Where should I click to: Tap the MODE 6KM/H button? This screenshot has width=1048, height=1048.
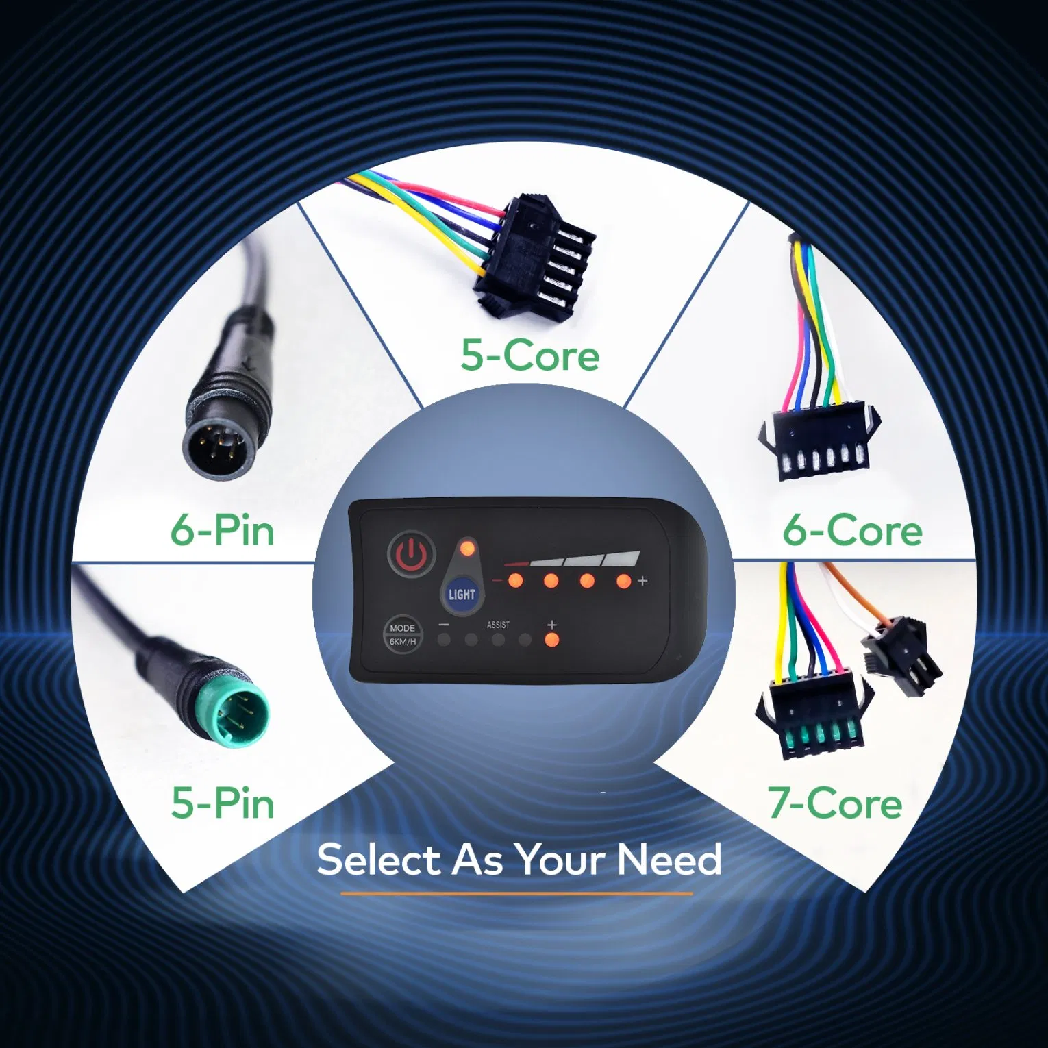[402, 634]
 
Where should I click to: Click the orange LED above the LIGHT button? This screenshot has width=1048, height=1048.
[467, 548]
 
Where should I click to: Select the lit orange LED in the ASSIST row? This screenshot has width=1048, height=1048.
[551, 640]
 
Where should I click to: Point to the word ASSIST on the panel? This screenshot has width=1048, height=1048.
[498, 625]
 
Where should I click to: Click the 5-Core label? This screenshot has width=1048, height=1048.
[529, 355]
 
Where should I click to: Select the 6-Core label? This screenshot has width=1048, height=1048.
[852, 530]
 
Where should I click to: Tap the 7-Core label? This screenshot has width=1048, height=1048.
[834, 803]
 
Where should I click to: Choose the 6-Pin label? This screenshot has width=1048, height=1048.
[223, 530]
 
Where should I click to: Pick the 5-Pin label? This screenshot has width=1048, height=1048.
[223, 803]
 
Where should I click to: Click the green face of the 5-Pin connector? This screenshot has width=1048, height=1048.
[236, 714]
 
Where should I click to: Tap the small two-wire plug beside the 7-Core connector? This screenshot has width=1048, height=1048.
[903, 654]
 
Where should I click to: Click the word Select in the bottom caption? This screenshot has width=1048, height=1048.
[378, 860]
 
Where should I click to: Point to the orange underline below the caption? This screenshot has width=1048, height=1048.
[516, 893]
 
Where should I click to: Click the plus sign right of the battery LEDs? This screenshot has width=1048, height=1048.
[642, 581]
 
